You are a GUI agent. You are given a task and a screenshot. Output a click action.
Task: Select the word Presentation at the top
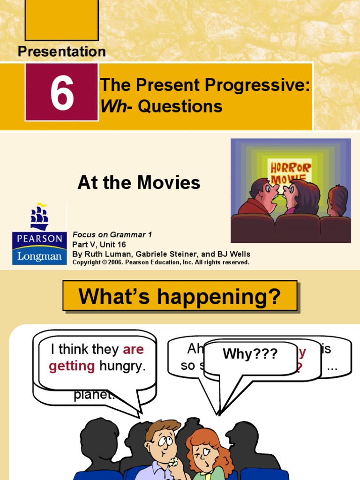(62, 52)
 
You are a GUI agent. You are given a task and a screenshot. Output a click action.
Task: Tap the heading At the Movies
(139, 183)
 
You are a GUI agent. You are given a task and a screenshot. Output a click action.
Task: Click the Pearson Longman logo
(39, 234)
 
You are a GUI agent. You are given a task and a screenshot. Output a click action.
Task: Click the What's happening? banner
(180, 296)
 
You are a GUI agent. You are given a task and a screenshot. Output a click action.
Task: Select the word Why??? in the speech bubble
(250, 354)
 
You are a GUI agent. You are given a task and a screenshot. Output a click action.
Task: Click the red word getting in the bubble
(72, 366)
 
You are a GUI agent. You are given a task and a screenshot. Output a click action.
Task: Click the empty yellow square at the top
(61, 20)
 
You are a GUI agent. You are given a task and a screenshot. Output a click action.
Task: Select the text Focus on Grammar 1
(112, 234)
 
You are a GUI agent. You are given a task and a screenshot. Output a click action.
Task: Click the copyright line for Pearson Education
(161, 262)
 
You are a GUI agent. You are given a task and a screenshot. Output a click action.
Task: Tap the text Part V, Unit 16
(99, 244)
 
